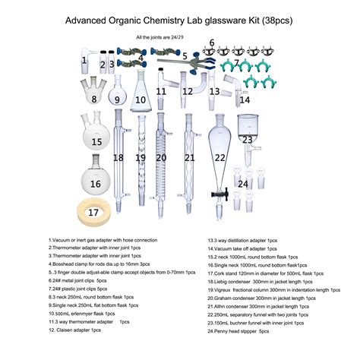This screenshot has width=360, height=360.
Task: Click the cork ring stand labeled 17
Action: pyautogui.click(x=93, y=213)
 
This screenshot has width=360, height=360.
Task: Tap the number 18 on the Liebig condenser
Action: pyautogui.click(x=118, y=158)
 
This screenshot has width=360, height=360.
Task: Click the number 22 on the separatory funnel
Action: pyautogui.click(x=220, y=157)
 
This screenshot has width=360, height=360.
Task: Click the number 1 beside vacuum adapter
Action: pyautogui.click(x=84, y=58)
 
